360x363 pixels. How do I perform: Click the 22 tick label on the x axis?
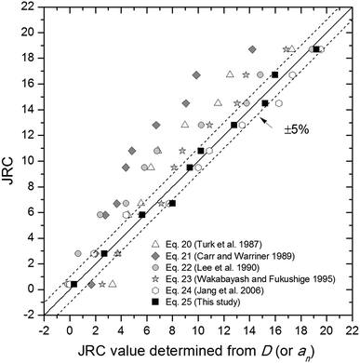(x=351, y=329)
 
